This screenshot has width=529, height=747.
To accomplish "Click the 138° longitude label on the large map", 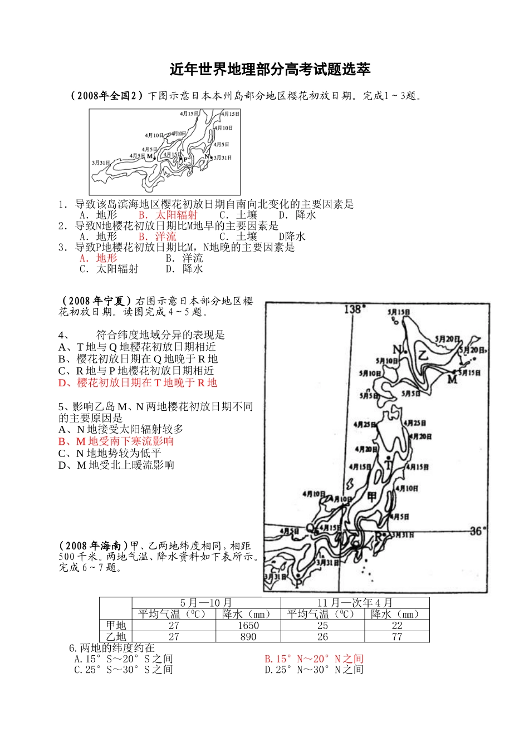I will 355,309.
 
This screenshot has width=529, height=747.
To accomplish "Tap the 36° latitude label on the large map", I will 477,531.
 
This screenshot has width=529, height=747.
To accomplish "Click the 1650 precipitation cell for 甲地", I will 248,626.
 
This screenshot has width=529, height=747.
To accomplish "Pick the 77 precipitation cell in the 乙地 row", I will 396,637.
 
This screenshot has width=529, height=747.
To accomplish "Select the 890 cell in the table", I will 248,637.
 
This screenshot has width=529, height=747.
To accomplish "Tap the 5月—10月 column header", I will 206,603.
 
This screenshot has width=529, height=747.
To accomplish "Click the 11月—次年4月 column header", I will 355,603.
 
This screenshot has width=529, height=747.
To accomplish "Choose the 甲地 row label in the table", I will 116,626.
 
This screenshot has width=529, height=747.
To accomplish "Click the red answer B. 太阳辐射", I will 168,215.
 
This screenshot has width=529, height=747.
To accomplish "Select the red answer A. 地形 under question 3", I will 98,258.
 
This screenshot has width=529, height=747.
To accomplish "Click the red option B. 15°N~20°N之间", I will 314,659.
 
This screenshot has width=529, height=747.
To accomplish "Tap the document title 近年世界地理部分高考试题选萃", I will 270,70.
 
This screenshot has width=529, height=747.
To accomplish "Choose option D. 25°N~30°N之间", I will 314,670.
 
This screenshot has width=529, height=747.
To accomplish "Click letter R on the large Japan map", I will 379,537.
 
